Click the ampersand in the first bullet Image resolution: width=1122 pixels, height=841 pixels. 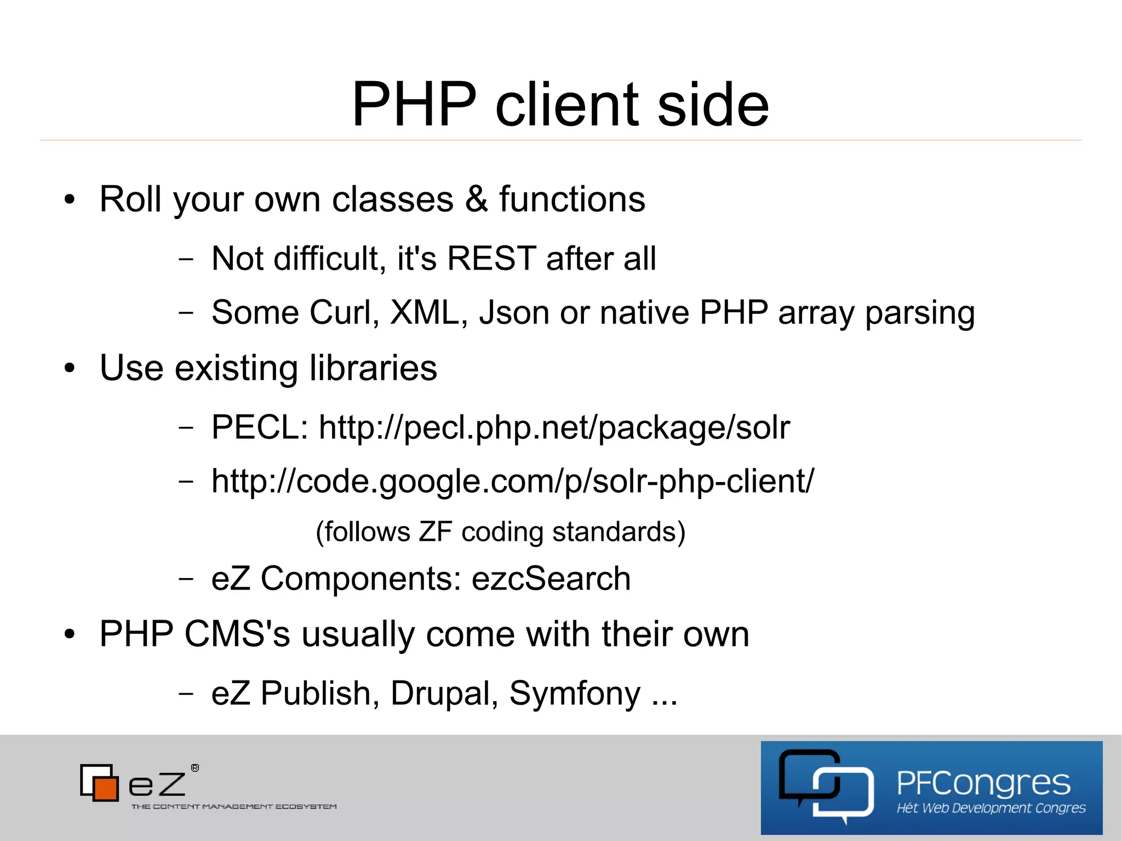point(476,199)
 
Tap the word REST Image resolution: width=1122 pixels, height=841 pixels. point(491,258)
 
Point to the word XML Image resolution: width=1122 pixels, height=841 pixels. point(425,312)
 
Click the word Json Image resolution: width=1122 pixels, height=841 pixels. point(514,312)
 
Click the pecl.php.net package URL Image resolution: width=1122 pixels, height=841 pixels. point(554,427)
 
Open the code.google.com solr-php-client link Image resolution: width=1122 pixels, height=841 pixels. point(513,482)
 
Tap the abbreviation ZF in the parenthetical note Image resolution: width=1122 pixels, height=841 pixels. point(436,531)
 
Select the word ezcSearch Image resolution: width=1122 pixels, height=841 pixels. point(551,579)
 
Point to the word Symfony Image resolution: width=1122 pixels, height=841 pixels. point(575,694)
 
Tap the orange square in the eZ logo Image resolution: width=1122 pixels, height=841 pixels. point(106,787)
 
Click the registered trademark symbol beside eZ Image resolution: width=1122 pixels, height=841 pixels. point(195,768)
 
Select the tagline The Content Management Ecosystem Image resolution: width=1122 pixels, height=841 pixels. point(234,806)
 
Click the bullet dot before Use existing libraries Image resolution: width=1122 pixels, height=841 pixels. point(69,369)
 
